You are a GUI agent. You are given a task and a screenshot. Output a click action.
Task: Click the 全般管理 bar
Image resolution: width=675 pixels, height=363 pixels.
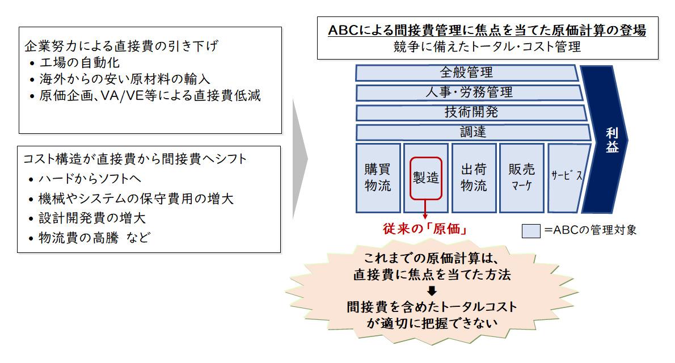pyautogui.click(x=466, y=73)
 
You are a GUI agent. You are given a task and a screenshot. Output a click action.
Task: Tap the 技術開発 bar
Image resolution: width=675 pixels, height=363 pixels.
pyautogui.click(x=471, y=112)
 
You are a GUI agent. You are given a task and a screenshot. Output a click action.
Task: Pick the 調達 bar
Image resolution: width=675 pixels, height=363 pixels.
pyautogui.click(x=472, y=132)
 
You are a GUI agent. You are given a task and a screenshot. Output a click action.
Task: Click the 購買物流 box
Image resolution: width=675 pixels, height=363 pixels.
pyautogui.click(x=377, y=177)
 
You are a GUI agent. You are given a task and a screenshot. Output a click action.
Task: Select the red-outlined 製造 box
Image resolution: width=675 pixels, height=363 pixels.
pyautogui.click(x=425, y=178)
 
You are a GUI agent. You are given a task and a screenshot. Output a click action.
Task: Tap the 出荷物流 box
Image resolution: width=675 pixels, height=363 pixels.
pyautogui.click(x=473, y=177)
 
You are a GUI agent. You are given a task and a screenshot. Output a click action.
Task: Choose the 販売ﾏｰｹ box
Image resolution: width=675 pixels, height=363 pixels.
pyautogui.click(x=521, y=177)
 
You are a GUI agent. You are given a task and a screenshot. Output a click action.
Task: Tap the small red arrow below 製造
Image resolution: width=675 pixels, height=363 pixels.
pyautogui.click(x=425, y=210)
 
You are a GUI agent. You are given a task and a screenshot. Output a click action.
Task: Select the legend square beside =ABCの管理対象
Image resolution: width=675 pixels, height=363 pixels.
pyautogui.click(x=530, y=230)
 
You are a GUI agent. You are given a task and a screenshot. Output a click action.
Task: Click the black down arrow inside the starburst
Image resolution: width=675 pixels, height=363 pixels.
pyautogui.click(x=432, y=291)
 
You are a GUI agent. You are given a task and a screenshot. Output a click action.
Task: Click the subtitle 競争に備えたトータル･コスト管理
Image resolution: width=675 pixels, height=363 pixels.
pyautogui.click(x=487, y=47)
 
